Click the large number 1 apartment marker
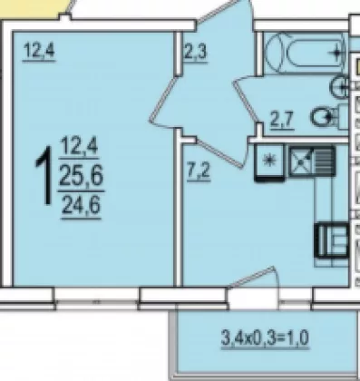44,176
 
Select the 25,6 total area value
81,177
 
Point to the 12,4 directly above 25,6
79,146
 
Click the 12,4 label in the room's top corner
39,50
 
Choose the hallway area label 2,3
196,52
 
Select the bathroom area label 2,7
282,119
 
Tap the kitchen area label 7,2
199,171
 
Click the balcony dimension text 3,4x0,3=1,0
265,337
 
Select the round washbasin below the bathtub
340,87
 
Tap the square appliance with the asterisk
269,163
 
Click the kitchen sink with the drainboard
312,161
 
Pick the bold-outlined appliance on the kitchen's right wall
332,239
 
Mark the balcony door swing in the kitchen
254,278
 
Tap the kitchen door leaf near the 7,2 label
220,153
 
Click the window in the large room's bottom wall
97,298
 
